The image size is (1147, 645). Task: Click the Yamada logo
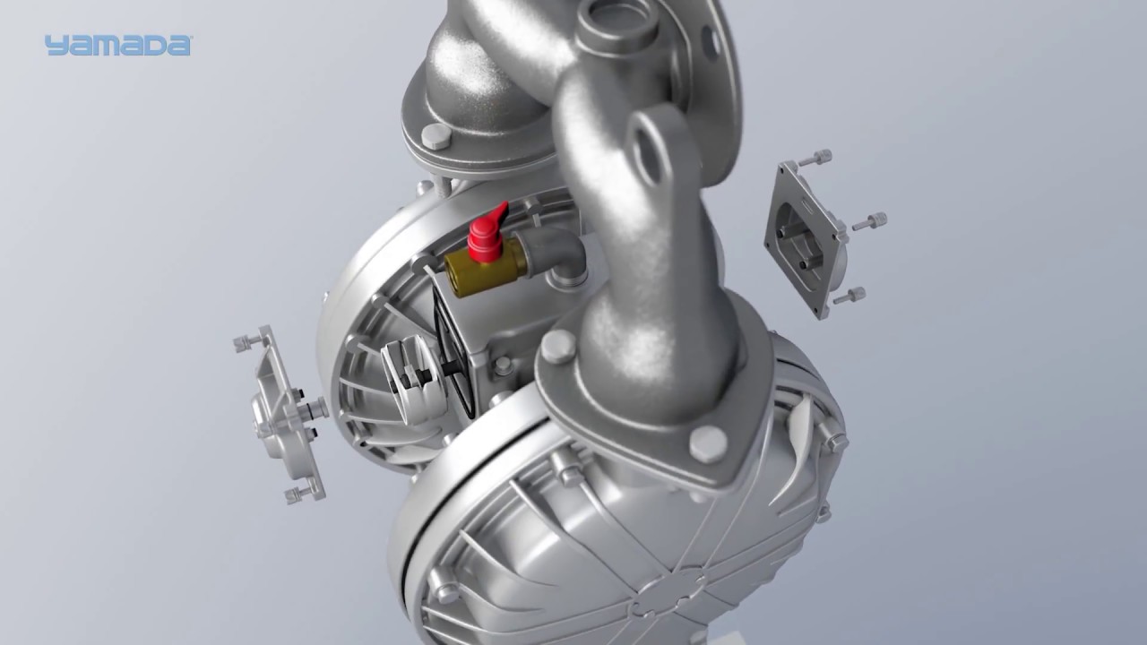pyautogui.click(x=117, y=46)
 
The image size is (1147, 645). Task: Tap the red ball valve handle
pyautogui.click(x=487, y=232)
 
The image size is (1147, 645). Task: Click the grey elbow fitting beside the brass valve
pyautogui.click(x=553, y=254)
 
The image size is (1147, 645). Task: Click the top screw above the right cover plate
pyautogui.click(x=815, y=159)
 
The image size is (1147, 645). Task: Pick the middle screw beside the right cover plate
pyautogui.click(x=870, y=221)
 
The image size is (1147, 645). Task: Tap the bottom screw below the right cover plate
pyautogui.click(x=849, y=296)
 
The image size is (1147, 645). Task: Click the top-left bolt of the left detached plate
pyautogui.click(x=248, y=342)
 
